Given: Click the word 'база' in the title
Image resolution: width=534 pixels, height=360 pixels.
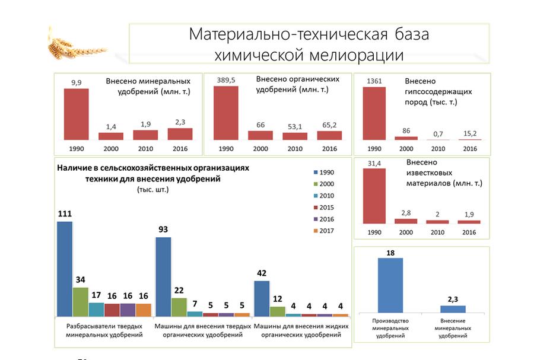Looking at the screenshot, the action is (412, 34).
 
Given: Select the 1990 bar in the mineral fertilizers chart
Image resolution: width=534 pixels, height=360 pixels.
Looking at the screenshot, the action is (77, 114).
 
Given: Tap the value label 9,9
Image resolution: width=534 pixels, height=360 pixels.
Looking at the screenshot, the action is (77, 82).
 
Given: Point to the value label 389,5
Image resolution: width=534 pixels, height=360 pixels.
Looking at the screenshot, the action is (226, 80).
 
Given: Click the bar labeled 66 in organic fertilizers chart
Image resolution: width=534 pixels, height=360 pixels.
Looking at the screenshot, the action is (260, 135).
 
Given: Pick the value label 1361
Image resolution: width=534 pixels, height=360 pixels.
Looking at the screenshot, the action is (374, 81).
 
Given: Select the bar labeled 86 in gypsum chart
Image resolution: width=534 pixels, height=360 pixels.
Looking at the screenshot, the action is (406, 138).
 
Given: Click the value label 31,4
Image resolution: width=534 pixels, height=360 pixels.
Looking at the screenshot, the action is (374, 163).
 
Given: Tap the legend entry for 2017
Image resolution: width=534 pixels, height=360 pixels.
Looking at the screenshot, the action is (323, 231).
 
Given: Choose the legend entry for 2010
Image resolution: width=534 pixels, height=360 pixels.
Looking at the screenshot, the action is (323, 196).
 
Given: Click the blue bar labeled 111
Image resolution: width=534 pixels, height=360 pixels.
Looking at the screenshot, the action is (65, 269).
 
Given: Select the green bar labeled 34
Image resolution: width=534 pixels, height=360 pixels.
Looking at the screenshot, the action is (80, 302).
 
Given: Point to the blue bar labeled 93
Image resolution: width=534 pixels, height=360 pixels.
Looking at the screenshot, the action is (163, 276).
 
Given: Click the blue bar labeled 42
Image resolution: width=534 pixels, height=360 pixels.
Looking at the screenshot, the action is (262, 298).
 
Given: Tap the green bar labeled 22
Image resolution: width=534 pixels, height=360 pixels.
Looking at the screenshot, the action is (179, 307).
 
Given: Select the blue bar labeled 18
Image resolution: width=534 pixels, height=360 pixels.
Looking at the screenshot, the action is (390, 285).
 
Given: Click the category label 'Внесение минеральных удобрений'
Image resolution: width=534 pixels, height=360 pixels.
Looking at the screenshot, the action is (453, 329).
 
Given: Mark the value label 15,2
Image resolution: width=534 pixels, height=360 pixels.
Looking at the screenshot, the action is (470, 133).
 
